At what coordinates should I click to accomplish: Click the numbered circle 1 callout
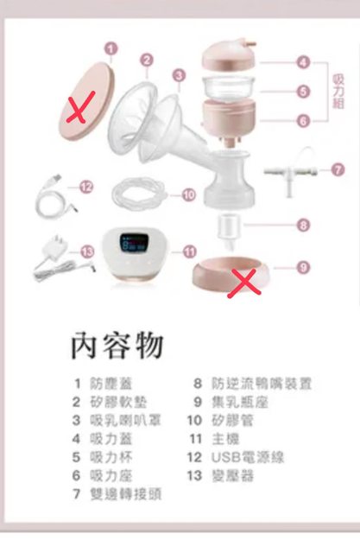[x=111, y=49]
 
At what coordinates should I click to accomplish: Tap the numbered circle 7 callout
[x=338, y=170]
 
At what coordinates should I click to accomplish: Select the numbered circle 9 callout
[x=303, y=267]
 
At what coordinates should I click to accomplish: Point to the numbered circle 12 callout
[x=86, y=187]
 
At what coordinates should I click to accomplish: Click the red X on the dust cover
[x=80, y=107]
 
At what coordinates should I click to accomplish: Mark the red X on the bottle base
[x=244, y=283]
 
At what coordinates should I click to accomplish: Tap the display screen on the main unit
[x=134, y=243]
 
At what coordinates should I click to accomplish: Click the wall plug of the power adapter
[x=54, y=248]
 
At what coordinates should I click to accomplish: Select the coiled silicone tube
[x=139, y=194]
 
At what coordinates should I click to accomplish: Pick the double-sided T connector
[x=290, y=173]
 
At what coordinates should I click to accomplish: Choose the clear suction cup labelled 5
[x=228, y=88]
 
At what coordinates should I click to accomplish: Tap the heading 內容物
[x=117, y=346]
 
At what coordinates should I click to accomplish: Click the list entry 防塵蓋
[x=111, y=384]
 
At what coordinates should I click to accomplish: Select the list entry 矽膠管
[x=232, y=421]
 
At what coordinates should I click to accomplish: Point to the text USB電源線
[x=247, y=457]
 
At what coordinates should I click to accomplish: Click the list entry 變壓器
[x=232, y=476]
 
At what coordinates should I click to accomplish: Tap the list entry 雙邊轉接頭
[x=126, y=494]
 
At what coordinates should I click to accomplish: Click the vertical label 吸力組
[x=338, y=92]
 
